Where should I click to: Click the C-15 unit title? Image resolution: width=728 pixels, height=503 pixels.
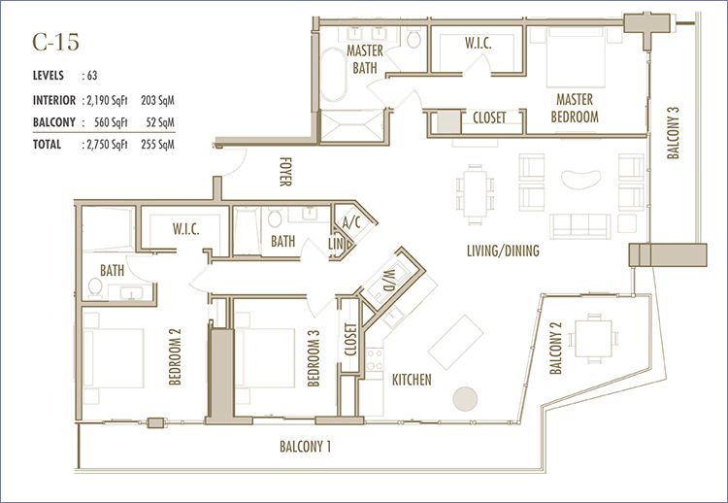point(55,43)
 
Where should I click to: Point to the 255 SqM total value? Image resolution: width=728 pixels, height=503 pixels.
point(157,145)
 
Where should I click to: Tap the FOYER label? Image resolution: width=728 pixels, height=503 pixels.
point(285,172)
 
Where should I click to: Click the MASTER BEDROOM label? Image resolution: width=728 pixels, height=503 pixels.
point(575,108)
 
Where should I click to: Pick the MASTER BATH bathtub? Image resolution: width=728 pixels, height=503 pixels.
point(333,75)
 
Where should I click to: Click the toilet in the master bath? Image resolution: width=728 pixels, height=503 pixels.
point(414,38)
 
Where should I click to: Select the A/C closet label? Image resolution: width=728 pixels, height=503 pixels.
point(351,222)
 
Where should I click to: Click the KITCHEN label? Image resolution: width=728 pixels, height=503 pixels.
point(412,380)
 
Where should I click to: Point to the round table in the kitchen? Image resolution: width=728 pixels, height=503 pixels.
point(465,399)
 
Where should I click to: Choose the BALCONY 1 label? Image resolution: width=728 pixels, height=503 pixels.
point(306,447)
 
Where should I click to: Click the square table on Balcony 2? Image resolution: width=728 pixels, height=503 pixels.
point(593,338)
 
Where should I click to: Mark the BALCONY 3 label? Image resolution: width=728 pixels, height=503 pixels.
point(674,133)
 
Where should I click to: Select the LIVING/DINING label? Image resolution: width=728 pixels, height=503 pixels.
point(503,251)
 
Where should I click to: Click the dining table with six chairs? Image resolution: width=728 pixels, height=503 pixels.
point(475,194)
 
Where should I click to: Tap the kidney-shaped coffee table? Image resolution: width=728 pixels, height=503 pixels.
point(581,180)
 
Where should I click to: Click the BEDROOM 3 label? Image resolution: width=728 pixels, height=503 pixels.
point(314,358)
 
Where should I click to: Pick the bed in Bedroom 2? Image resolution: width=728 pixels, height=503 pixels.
point(114,358)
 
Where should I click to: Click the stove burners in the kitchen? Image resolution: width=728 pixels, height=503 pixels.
point(374,359)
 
